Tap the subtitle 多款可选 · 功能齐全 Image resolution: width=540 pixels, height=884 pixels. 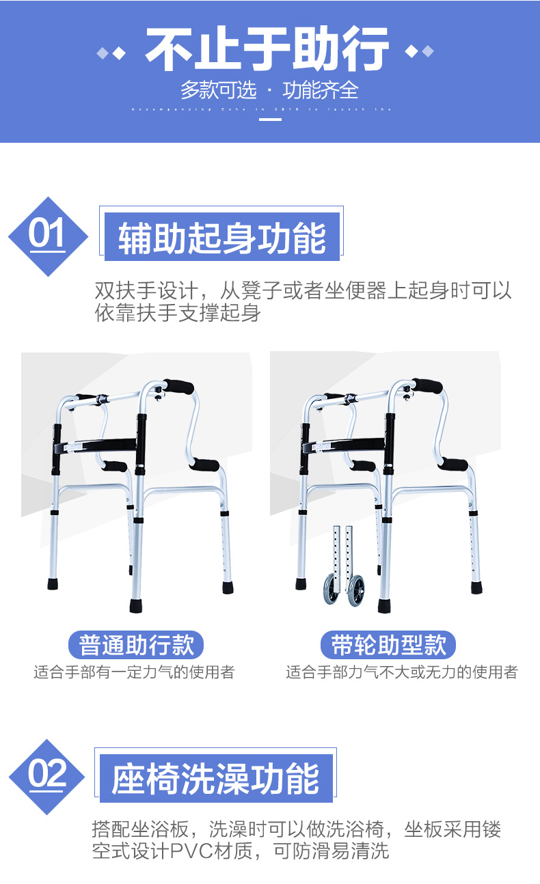(x=269, y=89)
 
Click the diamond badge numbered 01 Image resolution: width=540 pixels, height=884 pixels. (x=47, y=236)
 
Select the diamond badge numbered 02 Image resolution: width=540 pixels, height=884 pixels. (x=47, y=776)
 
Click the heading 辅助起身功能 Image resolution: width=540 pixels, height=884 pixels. (x=222, y=238)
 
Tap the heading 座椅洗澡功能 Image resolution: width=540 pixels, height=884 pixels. (x=216, y=779)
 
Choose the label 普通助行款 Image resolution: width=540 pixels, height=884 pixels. (x=137, y=645)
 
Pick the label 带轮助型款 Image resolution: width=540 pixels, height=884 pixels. (x=388, y=645)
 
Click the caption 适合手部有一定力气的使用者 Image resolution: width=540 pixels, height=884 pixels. (x=135, y=672)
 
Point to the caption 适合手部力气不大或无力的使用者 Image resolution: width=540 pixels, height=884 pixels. (x=401, y=672)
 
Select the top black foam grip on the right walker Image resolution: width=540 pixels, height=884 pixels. (x=427, y=387)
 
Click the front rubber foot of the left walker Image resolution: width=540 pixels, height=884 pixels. (x=137, y=605)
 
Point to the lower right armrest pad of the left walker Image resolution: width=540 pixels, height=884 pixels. (x=204, y=465)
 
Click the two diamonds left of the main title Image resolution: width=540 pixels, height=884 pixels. (x=112, y=53)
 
